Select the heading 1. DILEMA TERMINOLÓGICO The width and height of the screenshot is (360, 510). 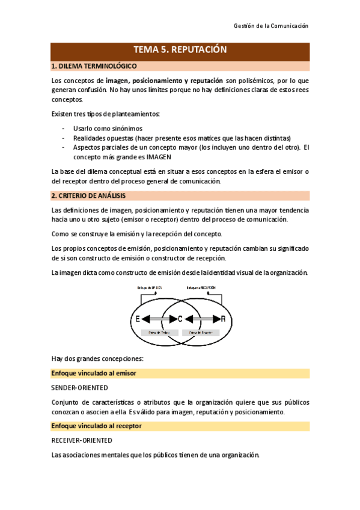pos(94,66)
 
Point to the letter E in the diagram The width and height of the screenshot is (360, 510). pos(138,318)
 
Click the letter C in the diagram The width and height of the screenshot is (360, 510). pos(180,318)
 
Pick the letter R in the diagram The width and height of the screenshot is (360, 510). pos(223,318)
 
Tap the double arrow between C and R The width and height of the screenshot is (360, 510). pos(202,318)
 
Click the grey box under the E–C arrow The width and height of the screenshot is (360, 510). pos(158,332)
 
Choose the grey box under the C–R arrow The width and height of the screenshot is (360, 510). pos(202,332)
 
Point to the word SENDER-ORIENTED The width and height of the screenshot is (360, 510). pos(79,387)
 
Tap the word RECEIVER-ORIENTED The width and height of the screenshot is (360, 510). pos(82,440)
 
